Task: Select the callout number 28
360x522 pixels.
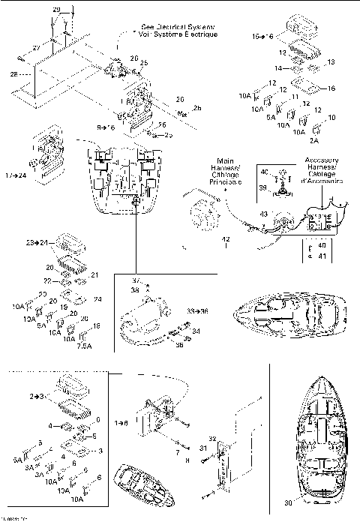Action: tap(13, 73)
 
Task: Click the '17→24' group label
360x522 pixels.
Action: tap(16, 176)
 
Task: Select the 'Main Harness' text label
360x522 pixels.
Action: tap(225, 171)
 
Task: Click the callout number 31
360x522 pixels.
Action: tap(202, 448)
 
